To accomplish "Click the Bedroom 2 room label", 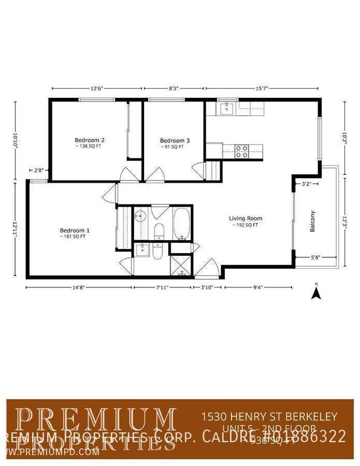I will point(90,140).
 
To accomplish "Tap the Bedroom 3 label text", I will point(175,141).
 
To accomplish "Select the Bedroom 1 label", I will point(75,230).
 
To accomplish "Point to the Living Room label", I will point(245,218).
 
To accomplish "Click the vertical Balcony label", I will point(312,221).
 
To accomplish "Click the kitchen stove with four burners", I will point(241,151).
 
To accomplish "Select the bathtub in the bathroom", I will point(182,224).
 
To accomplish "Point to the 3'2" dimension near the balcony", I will point(306,183).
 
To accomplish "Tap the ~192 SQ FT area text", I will point(245,225).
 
